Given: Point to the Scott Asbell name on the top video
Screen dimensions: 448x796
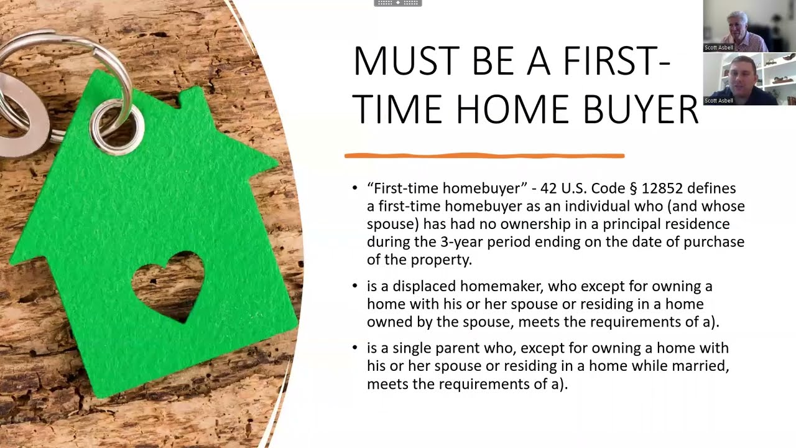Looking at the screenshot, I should pos(719,48).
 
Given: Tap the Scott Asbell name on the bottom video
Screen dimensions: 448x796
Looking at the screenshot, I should pos(719,101).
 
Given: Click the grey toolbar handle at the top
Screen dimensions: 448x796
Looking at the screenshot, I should pos(398,3).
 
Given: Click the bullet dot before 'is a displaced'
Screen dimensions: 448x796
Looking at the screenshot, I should pos(355,287).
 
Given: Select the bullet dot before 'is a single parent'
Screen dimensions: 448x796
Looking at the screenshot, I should pos(355,348).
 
